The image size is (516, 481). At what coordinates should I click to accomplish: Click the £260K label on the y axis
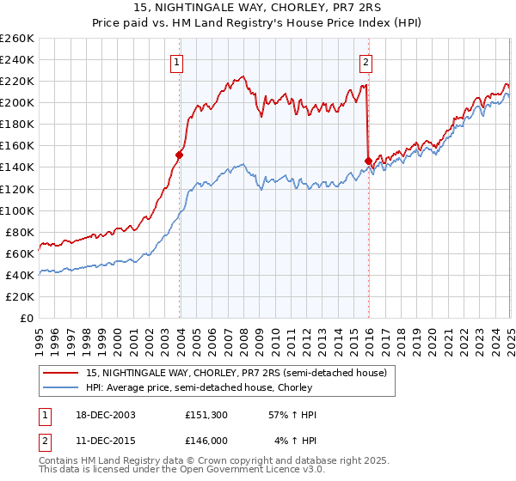16,39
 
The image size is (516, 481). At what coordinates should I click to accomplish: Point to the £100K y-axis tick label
16,210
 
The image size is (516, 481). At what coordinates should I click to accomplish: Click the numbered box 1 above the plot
176,61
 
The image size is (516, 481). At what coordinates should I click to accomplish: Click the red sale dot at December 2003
180,155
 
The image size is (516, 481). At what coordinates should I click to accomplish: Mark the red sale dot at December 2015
368,161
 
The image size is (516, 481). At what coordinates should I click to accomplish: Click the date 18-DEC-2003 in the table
100,415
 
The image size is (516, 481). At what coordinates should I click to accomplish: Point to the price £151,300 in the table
206,415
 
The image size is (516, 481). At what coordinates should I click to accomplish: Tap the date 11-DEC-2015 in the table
100,440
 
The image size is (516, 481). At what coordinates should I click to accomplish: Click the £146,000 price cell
206,440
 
